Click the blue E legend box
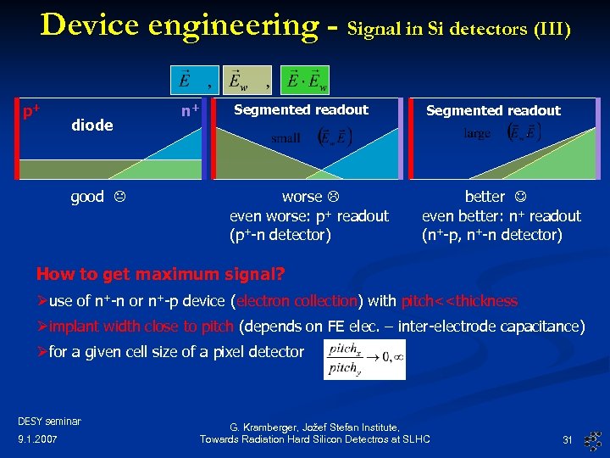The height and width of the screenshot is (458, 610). click(x=184, y=80)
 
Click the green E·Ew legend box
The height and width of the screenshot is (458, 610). click(x=306, y=80)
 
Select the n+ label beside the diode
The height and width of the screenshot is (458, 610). click(x=190, y=110)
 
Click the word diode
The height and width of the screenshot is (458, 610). click(x=92, y=126)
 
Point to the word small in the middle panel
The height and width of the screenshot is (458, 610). click(x=285, y=137)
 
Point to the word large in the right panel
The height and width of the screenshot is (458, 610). click(x=477, y=134)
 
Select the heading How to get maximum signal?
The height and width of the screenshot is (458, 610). click(x=160, y=275)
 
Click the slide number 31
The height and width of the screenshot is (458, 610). click(x=568, y=439)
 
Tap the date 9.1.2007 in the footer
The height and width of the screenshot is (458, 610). click(x=38, y=439)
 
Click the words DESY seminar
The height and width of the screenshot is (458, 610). click(x=49, y=421)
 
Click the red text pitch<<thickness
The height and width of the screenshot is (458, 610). click(x=459, y=301)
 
